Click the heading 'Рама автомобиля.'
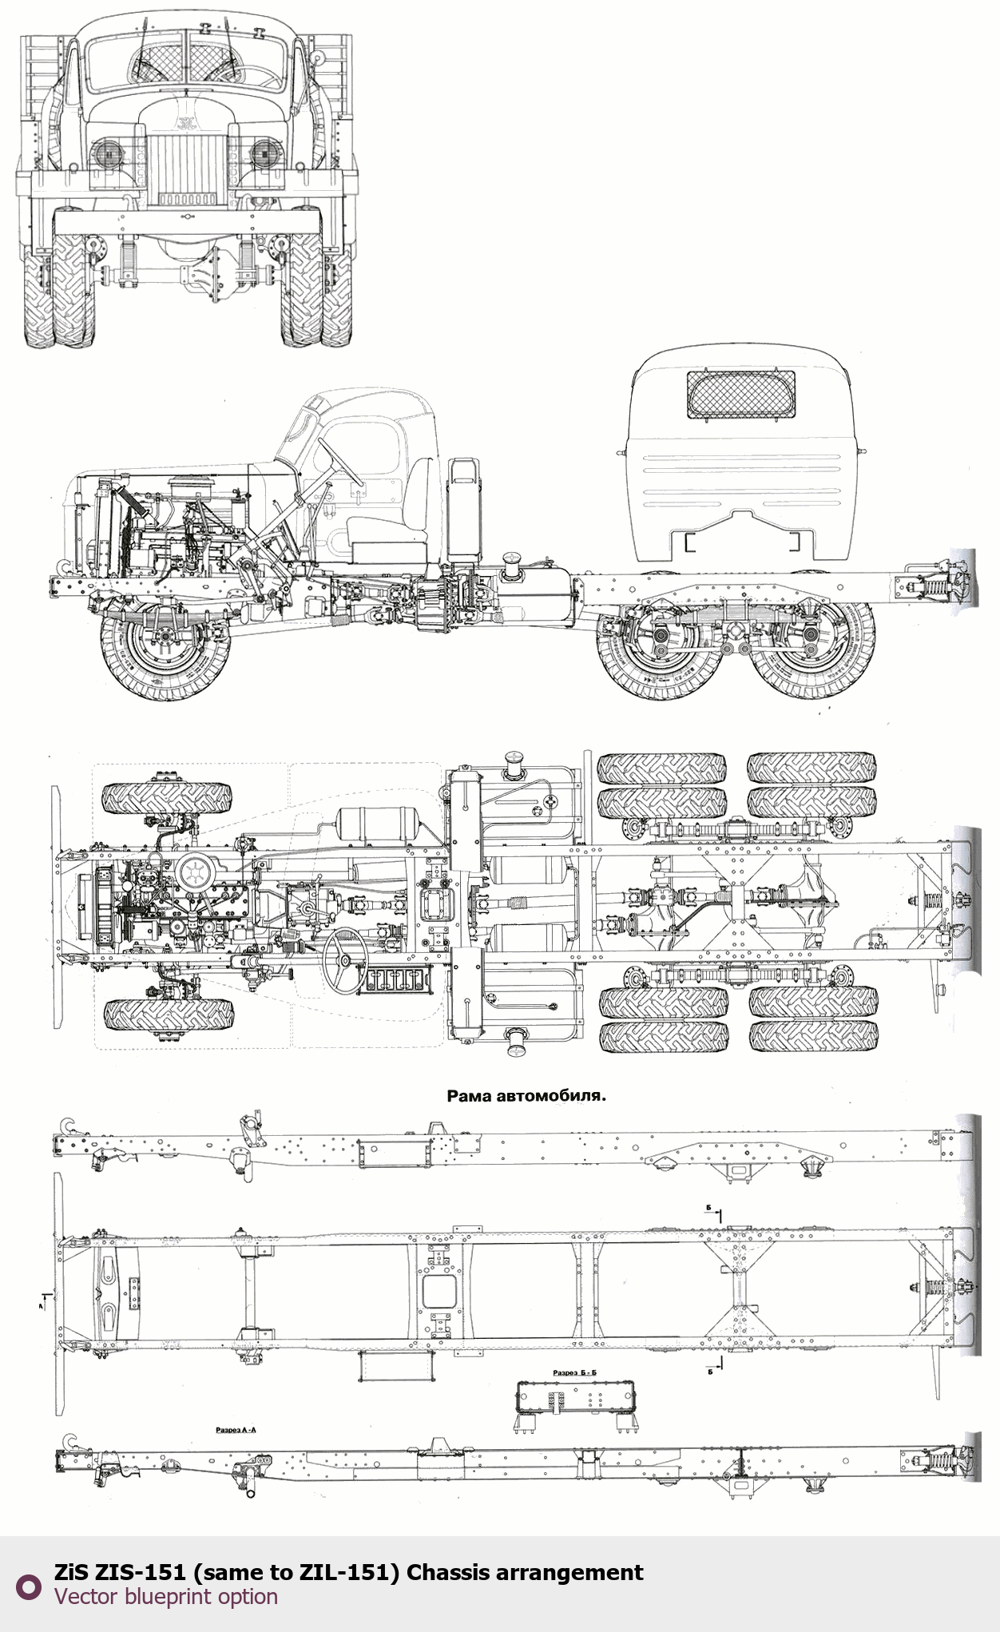click(x=526, y=1096)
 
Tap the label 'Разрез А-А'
click(x=236, y=1429)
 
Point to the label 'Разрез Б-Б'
click(x=574, y=1372)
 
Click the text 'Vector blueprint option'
click(x=166, y=1596)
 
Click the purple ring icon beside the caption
click(x=29, y=1586)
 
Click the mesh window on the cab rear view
click(x=741, y=395)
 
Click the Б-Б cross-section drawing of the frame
click(x=576, y=1403)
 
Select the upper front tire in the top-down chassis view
click(x=167, y=798)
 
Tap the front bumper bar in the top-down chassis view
click(x=57, y=907)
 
